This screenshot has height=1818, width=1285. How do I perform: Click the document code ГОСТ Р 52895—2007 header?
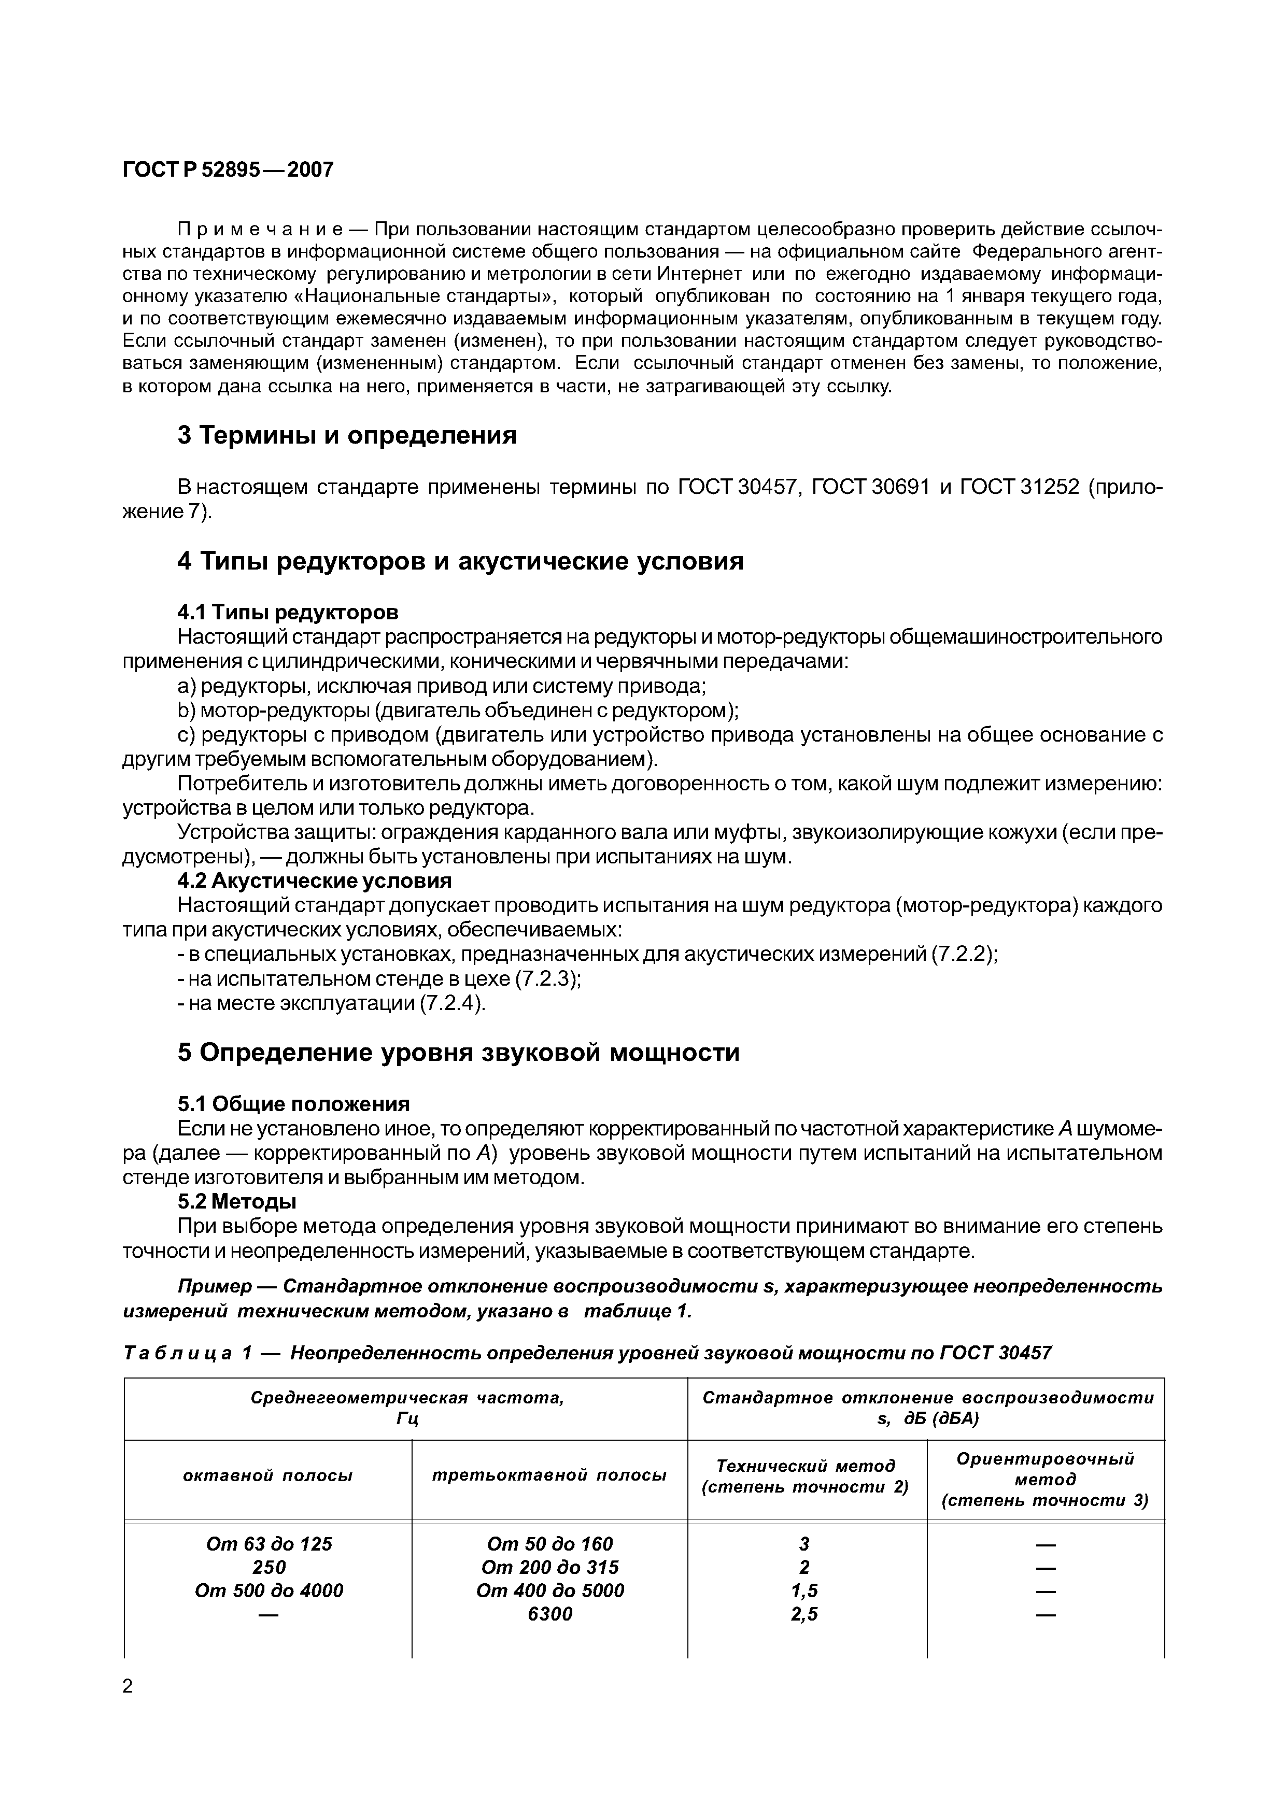click(228, 169)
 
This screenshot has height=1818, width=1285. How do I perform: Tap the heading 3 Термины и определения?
click(347, 435)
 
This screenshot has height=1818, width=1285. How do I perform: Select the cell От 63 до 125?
click(269, 1566)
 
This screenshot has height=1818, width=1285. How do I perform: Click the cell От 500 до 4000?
click(269, 1613)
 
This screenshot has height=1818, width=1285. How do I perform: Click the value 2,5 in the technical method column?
click(804, 1636)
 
